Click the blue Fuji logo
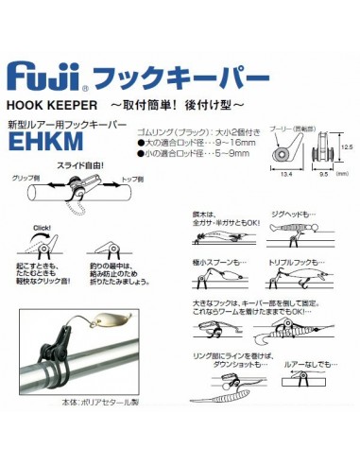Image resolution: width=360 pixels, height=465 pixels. (x=44, y=75)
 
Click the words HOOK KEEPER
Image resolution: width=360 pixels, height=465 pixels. (x=53, y=106)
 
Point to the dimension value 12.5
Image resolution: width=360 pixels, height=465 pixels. (x=346, y=146)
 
